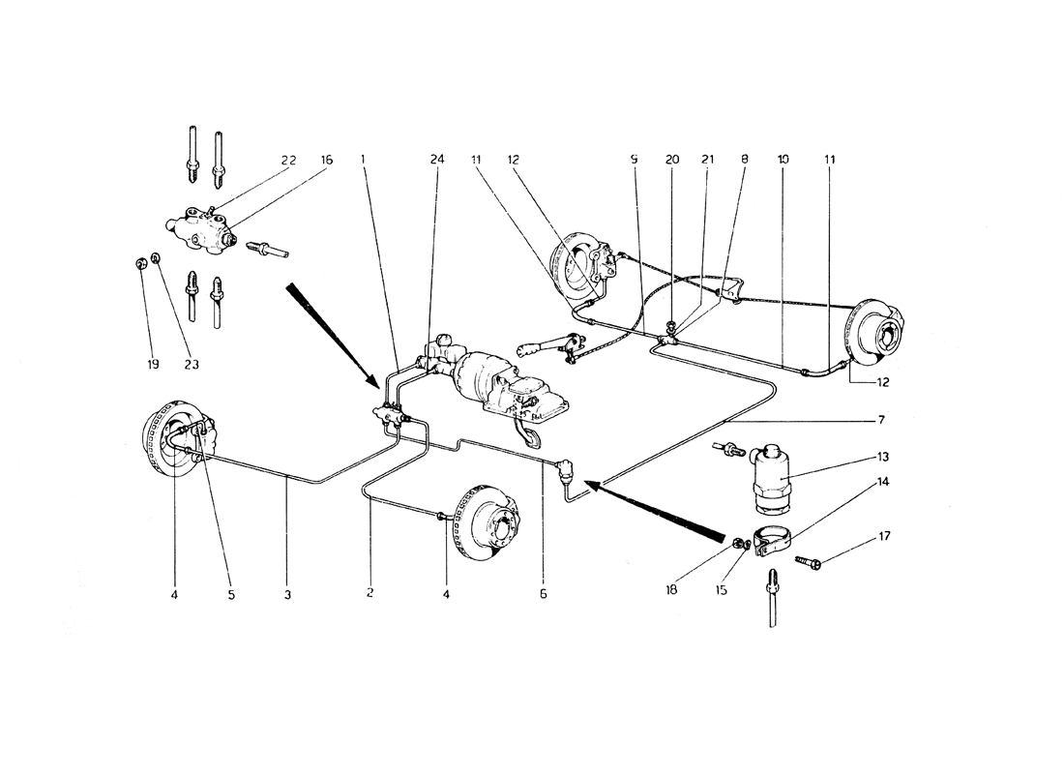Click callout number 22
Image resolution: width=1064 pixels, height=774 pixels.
click(x=288, y=161)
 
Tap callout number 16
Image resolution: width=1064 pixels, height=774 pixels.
click(x=326, y=161)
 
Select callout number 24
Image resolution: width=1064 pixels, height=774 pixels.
click(x=437, y=160)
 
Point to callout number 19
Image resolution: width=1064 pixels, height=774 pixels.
click(x=153, y=365)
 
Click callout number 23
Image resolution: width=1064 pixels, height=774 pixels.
click(x=192, y=365)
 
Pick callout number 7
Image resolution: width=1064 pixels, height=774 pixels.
click(x=881, y=420)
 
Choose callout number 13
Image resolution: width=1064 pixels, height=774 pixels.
click(x=882, y=457)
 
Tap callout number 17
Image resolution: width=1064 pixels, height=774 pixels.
click(x=883, y=536)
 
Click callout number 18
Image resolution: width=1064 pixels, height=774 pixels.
click(x=671, y=590)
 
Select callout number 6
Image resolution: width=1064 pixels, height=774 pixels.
click(x=543, y=594)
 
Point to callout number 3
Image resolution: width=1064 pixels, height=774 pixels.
click(x=287, y=595)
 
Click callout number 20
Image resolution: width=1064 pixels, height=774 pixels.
click(x=672, y=160)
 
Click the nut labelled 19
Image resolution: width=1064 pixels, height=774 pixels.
click(x=140, y=262)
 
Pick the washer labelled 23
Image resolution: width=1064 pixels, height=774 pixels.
click(x=156, y=258)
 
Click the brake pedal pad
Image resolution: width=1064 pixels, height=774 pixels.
click(x=533, y=438)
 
